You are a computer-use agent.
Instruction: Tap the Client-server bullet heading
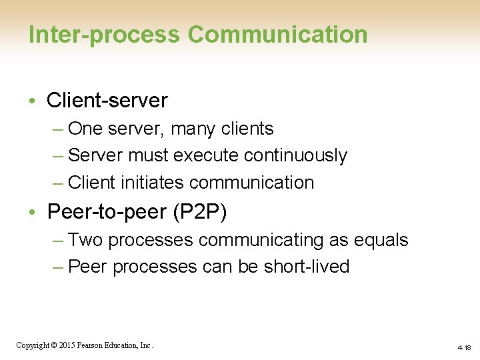(107, 101)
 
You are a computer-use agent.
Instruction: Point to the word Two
(84, 240)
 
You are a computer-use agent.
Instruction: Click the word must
(148, 155)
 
